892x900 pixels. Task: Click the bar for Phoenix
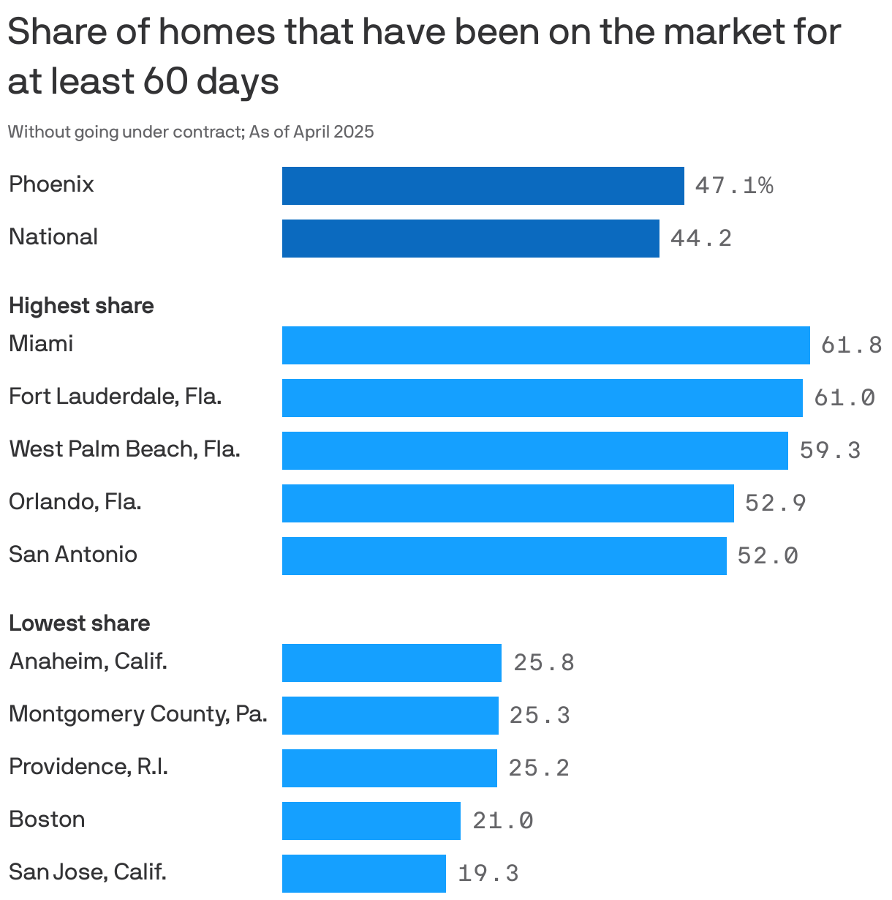[x=483, y=186]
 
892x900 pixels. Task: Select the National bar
[x=470, y=239]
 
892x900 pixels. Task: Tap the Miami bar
[x=545, y=345]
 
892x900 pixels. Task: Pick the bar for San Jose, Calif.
[x=363, y=874]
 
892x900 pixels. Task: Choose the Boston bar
[x=371, y=821]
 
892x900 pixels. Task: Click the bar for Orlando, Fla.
[x=507, y=503]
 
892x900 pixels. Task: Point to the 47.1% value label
[x=733, y=186]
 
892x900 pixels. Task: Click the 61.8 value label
[x=851, y=345]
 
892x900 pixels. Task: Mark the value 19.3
[x=488, y=873]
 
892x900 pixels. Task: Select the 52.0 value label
[x=768, y=556]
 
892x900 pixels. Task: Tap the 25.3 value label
[x=540, y=715]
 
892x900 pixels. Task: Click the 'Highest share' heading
[x=81, y=306]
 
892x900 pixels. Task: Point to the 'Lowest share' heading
[x=79, y=623]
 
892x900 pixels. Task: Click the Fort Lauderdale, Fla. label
[x=115, y=397]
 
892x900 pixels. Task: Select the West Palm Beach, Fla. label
[x=124, y=449]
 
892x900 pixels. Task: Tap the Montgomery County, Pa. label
[x=137, y=714]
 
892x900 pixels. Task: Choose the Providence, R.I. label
[x=88, y=767]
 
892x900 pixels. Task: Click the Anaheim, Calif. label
[x=88, y=661]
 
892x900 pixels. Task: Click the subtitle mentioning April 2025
[x=191, y=132]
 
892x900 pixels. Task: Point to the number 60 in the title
[x=165, y=80]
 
